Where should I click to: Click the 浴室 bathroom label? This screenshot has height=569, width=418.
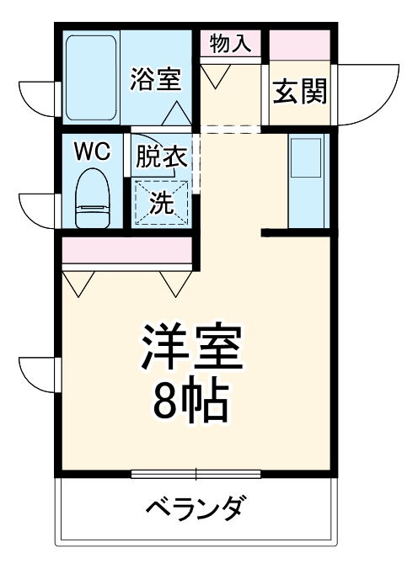(x=155, y=80)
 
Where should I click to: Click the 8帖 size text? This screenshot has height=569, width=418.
(x=193, y=404)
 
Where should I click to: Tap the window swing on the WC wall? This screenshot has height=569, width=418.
(x=37, y=205)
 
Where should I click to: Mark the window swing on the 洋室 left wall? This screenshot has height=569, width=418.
(x=37, y=370)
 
